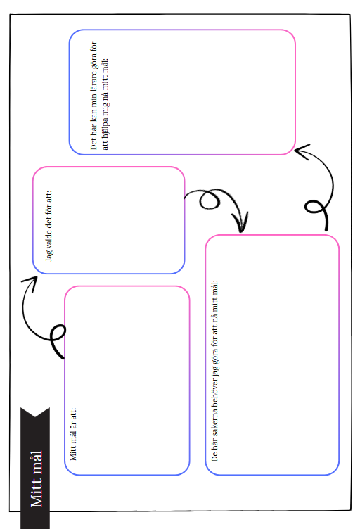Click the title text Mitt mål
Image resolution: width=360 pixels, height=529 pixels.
(x=37, y=478)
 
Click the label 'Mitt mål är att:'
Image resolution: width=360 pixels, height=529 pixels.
(x=73, y=434)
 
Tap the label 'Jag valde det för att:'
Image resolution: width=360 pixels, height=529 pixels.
(x=49, y=226)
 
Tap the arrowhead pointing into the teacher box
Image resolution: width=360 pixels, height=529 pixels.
(x=302, y=152)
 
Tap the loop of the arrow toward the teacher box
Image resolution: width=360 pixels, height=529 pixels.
(x=315, y=207)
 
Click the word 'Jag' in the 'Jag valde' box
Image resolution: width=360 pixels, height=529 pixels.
(x=49, y=255)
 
